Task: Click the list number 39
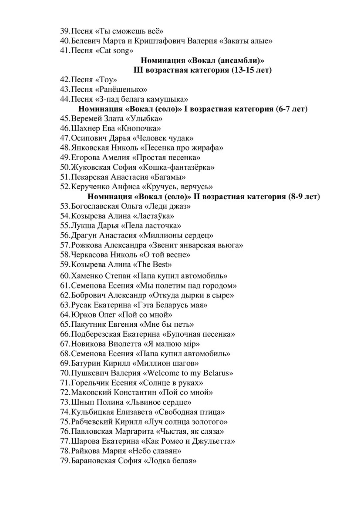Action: pyautogui.click(x=64, y=31)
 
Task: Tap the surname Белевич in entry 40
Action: pyautogui.click(x=87, y=41)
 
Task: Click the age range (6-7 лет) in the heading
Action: pyautogui.click(x=292, y=109)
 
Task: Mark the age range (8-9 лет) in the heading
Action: pyautogui.click(x=303, y=197)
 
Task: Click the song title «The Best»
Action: pyautogui.click(x=155, y=265)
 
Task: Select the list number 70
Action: pyautogui.click(x=65, y=373)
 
